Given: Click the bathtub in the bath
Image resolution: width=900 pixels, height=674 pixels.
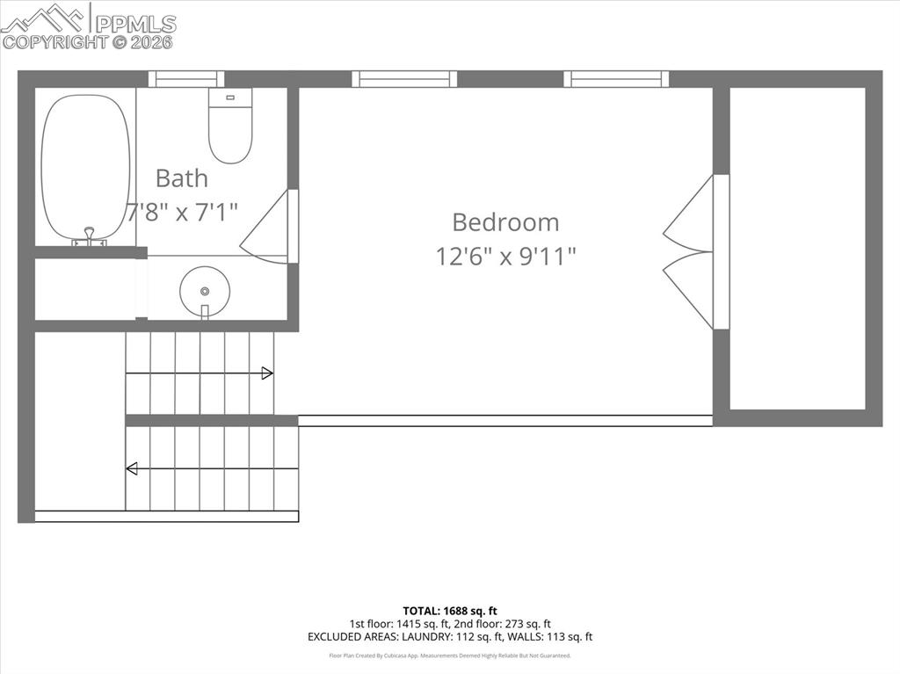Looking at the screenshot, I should tap(86, 167).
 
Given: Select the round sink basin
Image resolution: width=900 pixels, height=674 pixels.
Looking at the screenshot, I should tap(205, 291).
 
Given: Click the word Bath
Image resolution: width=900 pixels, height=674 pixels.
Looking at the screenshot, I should tap(182, 178).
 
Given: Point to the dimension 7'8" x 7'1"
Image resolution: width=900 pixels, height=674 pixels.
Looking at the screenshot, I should tap(183, 212).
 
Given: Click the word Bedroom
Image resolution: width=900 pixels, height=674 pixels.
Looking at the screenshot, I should tap(505, 221).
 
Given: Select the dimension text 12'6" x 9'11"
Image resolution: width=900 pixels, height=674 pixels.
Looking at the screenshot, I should tap(506, 256).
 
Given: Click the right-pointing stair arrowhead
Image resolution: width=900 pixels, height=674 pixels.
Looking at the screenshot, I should tap(267, 373).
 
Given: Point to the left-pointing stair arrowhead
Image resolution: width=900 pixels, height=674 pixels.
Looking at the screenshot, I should tap(132, 468).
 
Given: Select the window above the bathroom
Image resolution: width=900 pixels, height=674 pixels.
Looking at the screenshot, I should tap(186, 79).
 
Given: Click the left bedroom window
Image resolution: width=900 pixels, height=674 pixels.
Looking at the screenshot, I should tap(404, 79).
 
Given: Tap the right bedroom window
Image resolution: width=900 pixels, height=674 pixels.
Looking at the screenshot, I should tap(616, 79).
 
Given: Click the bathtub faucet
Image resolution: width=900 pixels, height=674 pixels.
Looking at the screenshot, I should tap(89, 236).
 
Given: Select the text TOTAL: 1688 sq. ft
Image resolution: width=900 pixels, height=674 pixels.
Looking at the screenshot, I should tap(450, 611).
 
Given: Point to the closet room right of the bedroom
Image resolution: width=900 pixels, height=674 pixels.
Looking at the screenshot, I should tap(797, 248).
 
